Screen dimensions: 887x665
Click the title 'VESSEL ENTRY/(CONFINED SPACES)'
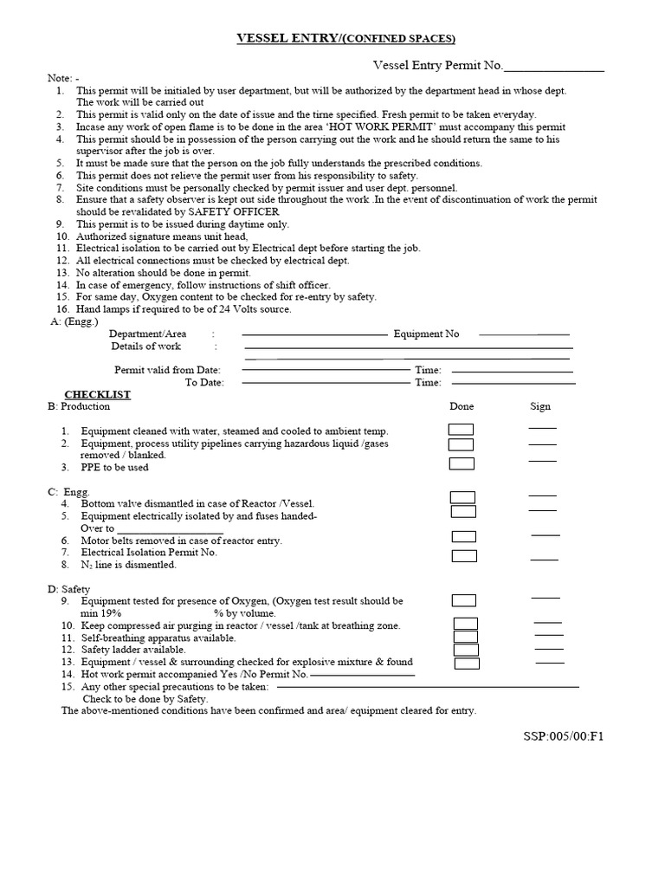tap(346, 39)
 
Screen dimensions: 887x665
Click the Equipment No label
tap(426, 333)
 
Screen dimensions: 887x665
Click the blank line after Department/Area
tap(314, 334)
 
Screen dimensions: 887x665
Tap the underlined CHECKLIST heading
tap(98, 395)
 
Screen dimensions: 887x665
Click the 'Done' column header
tap(462, 406)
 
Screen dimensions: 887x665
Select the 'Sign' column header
tap(540, 406)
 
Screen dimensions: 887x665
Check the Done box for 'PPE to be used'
tap(462, 463)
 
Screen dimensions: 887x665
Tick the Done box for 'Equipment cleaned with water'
tap(461, 430)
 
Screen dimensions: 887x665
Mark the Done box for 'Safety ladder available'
tap(466, 650)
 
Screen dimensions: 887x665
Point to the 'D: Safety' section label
tap(68, 589)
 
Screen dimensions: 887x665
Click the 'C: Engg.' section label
tap(68, 491)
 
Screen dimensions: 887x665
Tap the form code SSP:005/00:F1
tap(563, 737)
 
